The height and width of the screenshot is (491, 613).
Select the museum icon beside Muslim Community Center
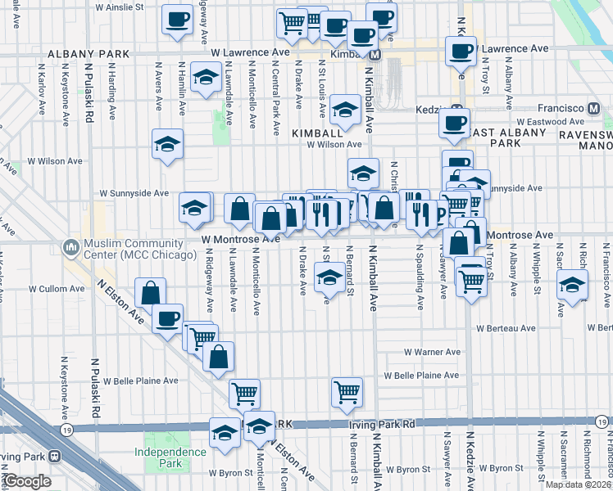pos(70,246)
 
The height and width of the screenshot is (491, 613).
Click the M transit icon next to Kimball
pos(375,55)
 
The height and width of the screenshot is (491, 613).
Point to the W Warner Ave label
pos(431,352)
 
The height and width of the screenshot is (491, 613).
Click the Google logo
pos(27,480)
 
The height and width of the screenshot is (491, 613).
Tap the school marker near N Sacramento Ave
pos(573,284)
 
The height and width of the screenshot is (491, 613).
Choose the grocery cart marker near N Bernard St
pos(347,391)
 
